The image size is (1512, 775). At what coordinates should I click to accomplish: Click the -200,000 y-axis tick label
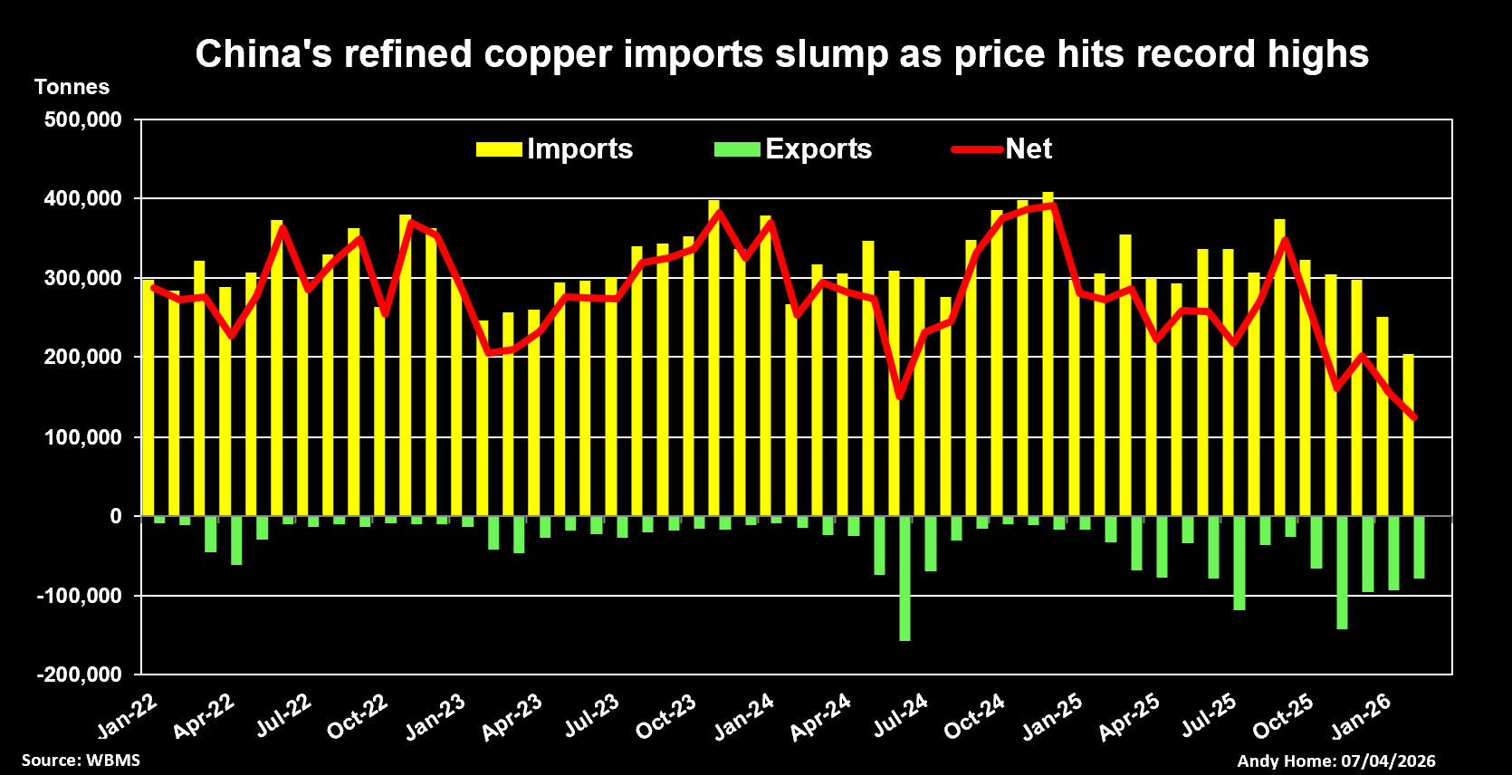coord(80,675)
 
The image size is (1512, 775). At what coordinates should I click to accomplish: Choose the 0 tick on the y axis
coord(116,516)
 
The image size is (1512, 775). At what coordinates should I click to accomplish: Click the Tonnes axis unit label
coord(72,87)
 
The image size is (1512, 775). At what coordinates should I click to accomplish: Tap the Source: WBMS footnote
coord(81,760)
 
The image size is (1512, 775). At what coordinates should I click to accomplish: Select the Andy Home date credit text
coord(1336,761)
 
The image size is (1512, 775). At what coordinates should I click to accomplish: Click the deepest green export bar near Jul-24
coord(904,579)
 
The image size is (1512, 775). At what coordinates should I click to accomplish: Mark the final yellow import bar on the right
coord(1408,435)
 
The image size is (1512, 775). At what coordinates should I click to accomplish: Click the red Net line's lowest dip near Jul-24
coord(899,397)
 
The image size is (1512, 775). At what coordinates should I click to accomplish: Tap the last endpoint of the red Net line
coord(1414,418)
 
